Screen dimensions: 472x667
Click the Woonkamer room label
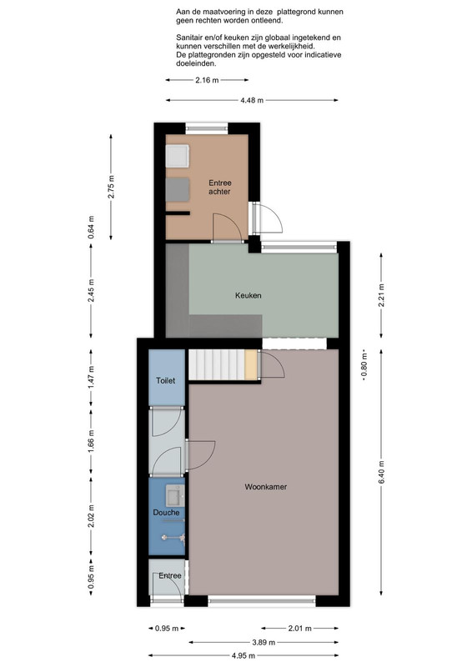click(x=265, y=487)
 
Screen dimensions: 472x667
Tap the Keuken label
click(x=249, y=295)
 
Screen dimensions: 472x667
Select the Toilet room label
click(x=166, y=381)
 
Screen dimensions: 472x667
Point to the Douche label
click(x=166, y=513)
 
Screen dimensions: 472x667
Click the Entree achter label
click(x=219, y=187)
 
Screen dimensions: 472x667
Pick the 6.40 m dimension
click(x=381, y=472)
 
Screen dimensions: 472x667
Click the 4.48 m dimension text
click(x=252, y=100)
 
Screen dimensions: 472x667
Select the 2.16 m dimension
click(x=208, y=80)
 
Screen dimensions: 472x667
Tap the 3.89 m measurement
click(x=264, y=642)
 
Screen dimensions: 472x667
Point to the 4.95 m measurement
click(x=244, y=655)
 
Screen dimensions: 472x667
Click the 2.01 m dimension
click(x=300, y=629)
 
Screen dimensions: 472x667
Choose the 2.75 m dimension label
click(x=111, y=187)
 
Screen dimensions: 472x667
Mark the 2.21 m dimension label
click(x=381, y=295)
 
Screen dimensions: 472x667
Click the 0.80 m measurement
click(x=364, y=366)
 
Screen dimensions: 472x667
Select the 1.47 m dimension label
click(x=91, y=377)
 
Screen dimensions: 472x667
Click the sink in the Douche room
click(x=174, y=496)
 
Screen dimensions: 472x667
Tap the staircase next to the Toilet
click(x=217, y=365)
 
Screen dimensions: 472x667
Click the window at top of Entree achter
click(x=207, y=128)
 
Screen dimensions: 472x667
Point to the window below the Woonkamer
click(x=262, y=600)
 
